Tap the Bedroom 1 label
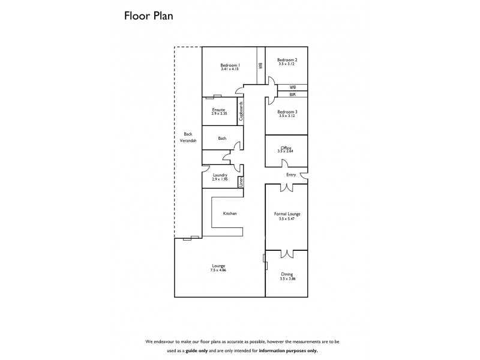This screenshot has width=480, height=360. [x=230, y=65]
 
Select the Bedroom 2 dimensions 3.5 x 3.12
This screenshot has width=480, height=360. [x=286, y=64]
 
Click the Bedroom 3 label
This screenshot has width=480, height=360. [x=287, y=112]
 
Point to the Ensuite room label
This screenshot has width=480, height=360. [x=218, y=110]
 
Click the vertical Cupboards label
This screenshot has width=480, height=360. [x=241, y=112]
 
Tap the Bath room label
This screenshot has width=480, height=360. [x=222, y=139]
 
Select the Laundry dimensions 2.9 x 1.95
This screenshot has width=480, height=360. [x=220, y=179]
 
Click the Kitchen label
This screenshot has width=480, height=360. [x=230, y=214]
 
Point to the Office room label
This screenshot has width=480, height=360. [x=286, y=148]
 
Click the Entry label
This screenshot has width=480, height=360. [x=291, y=175]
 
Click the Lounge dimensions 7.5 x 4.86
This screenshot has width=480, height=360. [x=218, y=270]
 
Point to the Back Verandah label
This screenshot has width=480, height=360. [x=188, y=137]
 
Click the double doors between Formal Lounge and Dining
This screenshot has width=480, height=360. [x=287, y=253]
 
